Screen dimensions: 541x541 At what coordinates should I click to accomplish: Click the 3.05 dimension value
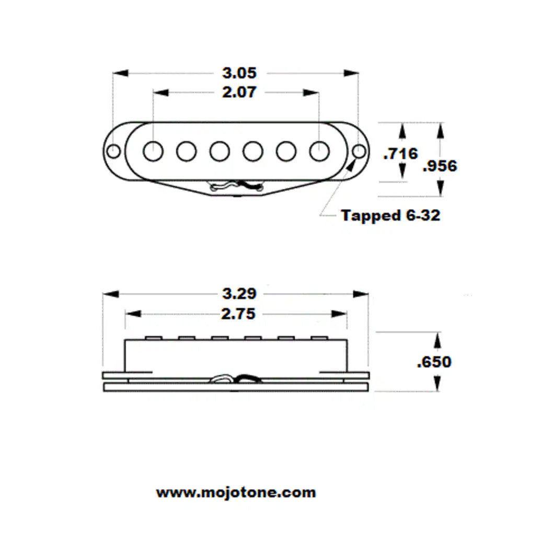(239, 73)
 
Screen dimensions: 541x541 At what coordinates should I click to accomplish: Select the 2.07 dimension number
(239, 93)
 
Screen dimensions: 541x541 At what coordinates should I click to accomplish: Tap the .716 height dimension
(400, 154)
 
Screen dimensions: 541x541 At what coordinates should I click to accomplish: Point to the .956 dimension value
(439, 166)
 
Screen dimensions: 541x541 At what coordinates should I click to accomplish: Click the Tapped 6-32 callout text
(390, 215)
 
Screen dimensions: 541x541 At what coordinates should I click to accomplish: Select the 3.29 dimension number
(239, 294)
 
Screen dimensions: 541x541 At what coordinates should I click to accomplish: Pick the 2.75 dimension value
(238, 314)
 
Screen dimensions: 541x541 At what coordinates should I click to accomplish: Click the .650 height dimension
(434, 362)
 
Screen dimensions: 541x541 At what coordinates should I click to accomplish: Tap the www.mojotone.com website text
(236, 492)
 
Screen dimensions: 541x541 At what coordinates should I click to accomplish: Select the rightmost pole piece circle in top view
(319, 151)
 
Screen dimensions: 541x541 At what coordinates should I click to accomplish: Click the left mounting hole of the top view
(113, 152)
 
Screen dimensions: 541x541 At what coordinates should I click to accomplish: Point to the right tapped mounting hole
(359, 152)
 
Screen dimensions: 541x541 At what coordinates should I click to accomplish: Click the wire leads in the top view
(236, 186)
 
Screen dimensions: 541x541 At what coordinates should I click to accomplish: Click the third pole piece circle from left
(220, 151)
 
